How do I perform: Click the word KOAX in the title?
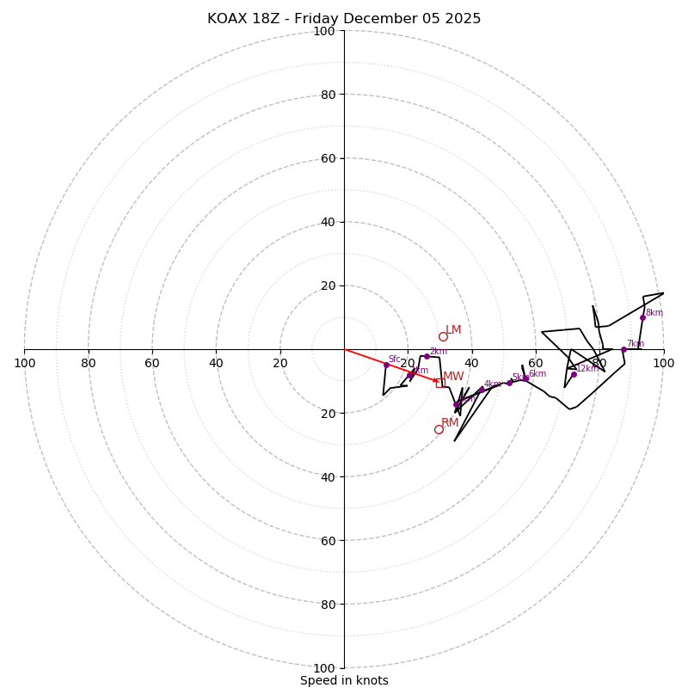coord(228,19)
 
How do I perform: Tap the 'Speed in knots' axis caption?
coord(344,680)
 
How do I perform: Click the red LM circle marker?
coord(443,336)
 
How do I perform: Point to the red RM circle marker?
coord(439,429)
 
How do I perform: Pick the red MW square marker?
coord(439,383)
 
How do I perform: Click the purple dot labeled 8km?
coord(642,317)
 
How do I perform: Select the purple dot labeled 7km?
coord(623,349)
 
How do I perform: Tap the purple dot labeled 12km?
coord(574,374)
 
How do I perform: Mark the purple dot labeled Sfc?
coord(386,365)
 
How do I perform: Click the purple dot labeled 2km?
coord(427,356)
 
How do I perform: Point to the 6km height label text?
coord(537,374)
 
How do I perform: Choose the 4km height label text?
coord(492,384)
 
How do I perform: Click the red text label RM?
coord(450,423)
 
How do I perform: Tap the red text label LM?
coord(453,330)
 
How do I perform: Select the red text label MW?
coord(453,377)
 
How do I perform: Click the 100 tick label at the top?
coord(324,31)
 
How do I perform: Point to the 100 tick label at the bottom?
coord(324,668)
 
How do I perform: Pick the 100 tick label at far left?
coord(24,363)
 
